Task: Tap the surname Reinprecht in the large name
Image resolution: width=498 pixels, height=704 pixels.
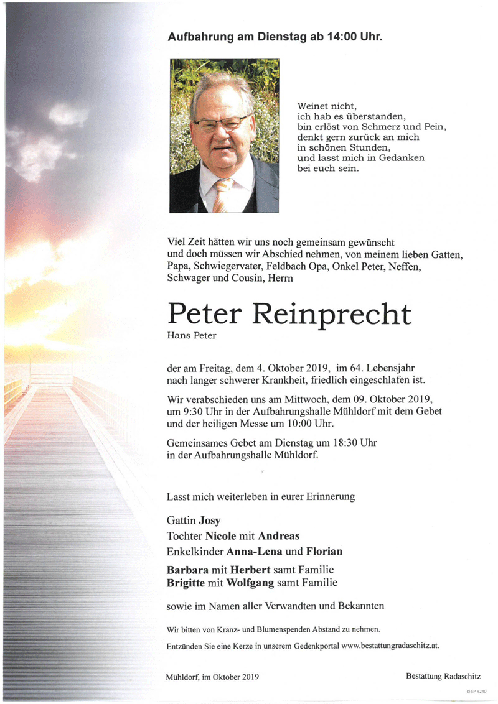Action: [331, 315]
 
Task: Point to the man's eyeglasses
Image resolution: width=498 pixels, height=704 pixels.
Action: [220, 123]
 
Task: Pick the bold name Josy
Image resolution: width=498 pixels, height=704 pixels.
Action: [209, 521]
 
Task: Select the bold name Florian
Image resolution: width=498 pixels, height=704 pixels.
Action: [324, 552]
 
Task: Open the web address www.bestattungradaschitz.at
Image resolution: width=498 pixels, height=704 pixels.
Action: [390, 646]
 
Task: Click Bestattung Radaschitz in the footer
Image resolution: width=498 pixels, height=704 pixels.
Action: [443, 676]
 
